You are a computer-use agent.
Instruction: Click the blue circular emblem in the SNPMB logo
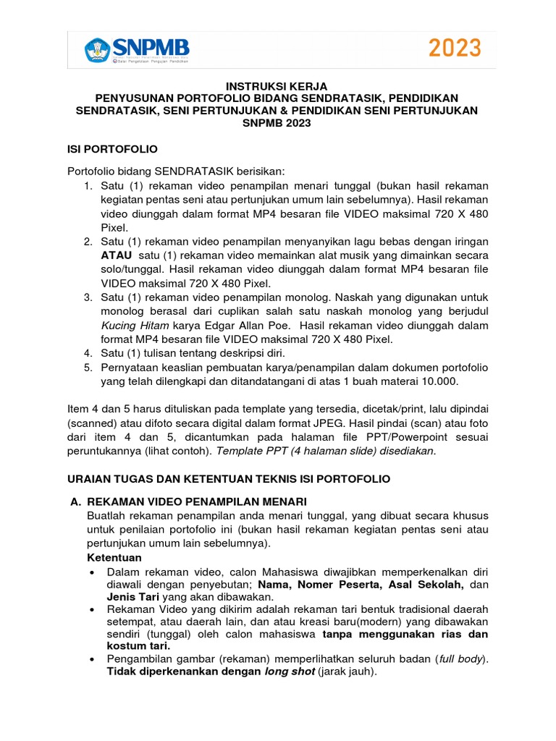(96, 49)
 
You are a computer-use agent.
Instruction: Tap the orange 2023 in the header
(455, 48)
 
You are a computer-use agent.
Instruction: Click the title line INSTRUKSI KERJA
(277, 86)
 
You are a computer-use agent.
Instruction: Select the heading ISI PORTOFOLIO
(112, 148)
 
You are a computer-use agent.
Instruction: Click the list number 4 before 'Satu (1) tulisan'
(87, 353)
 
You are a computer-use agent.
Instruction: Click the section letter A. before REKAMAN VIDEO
(73, 501)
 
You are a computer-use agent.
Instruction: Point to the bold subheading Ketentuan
(114, 558)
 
